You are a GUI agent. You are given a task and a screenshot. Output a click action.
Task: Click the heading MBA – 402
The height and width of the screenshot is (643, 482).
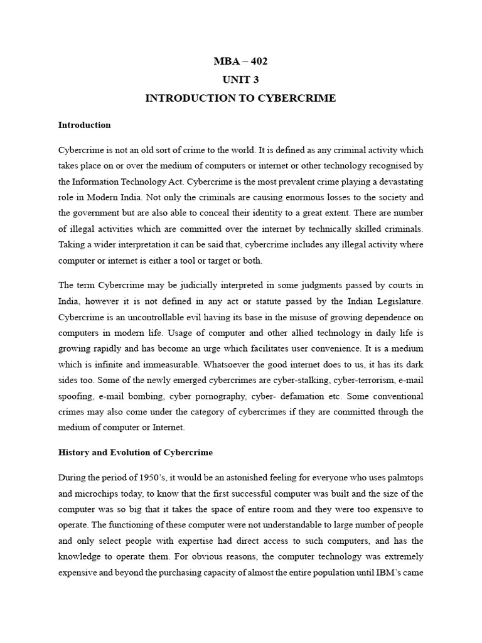pos(241,61)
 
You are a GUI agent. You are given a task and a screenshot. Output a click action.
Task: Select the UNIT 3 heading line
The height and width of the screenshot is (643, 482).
pos(241,80)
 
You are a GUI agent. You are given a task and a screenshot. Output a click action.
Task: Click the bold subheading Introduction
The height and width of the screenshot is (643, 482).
pos(84,125)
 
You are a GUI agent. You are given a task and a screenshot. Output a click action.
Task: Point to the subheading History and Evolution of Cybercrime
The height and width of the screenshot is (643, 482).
pos(136,453)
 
